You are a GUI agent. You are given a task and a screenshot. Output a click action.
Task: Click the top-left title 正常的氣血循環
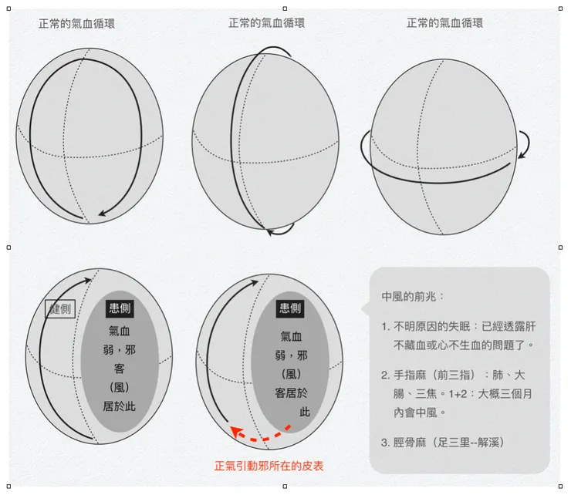click(x=76, y=24)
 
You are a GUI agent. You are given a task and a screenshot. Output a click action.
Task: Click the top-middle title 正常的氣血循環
click(x=266, y=23)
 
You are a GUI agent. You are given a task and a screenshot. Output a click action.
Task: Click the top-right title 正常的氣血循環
click(x=444, y=23)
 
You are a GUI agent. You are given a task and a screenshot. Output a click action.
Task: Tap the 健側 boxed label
click(x=60, y=309)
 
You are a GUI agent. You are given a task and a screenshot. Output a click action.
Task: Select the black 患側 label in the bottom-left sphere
click(x=120, y=308)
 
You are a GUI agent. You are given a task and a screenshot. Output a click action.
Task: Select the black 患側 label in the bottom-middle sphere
click(x=290, y=308)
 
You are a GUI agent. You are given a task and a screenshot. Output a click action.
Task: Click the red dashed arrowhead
click(x=237, y=432)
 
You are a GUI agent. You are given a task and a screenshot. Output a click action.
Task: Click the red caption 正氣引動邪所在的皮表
click(x=269, y=466)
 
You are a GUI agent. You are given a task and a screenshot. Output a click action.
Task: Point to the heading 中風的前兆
click(x=409, y=297)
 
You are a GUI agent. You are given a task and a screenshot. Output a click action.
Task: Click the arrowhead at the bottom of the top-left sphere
click(x=103, y=214)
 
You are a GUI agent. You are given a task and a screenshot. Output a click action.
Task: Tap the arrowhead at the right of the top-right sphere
click(x=522, y=155)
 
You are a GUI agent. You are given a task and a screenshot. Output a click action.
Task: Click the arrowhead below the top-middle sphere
click(x=271, y=232)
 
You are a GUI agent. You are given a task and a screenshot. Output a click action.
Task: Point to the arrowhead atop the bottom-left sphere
click(x=88, y=280)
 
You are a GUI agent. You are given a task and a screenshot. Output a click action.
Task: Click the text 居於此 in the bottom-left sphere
click(x=119, y=406)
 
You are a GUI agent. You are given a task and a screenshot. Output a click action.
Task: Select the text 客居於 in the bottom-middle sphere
click(x=291, y=393)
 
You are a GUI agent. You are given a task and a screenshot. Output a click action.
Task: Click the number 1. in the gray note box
click(x=386, y=327)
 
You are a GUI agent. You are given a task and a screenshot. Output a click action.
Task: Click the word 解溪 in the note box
click(x=488, y=443)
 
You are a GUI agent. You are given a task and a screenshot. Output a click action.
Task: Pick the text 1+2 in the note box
click(x=458, y=394)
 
